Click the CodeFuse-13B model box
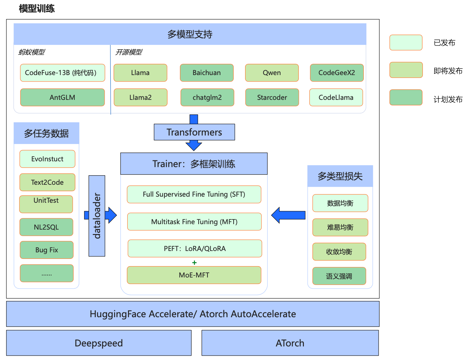[x=62, y=73]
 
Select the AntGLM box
[x=62, y=97]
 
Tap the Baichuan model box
[x=207, y=73]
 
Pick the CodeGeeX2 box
[x=336, y=73]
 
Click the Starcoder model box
[x=272, y=97]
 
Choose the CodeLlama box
[x=336, y=97]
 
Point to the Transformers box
[x=194, y=132]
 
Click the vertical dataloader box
[x=97, y=216]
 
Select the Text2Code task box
[x=47, y=182]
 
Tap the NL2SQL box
[x=46, y=227]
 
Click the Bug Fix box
[x=47, y=250]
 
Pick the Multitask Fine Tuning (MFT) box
[x=194, y=222]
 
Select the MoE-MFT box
[x=194, y=275]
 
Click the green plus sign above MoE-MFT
[x=194, y=263]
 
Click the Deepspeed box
[x=99, y=343]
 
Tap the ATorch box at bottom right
[x=290, y=343]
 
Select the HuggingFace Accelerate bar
[x=193, y=314]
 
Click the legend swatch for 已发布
[x=406, y=42]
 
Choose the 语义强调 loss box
[x=339, y=276]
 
